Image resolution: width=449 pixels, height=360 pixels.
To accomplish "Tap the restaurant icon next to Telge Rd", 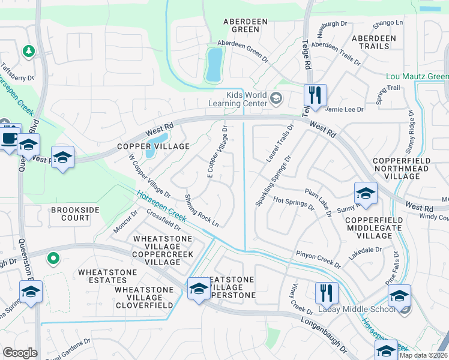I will click(x=315, y=95).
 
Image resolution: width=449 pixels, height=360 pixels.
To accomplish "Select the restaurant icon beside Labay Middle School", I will click(x=327, y=293).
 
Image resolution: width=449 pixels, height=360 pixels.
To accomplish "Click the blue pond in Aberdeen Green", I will click(x=214, y=64).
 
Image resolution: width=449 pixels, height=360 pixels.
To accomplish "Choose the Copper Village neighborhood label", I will click(x=145, y=146).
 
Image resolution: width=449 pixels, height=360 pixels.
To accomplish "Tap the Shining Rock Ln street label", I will click(x=202, y=210).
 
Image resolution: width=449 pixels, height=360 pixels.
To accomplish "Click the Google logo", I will click(x=20, y=353).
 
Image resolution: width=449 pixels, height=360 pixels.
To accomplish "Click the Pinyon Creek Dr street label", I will click(x=318, y=260).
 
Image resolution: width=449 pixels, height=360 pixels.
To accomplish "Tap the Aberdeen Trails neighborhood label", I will click(x=374, y=42).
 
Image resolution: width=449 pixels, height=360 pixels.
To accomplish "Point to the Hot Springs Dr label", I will click(x=294, y=203).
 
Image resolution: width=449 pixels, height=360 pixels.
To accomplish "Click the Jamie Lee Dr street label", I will click(x=344, y=109).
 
